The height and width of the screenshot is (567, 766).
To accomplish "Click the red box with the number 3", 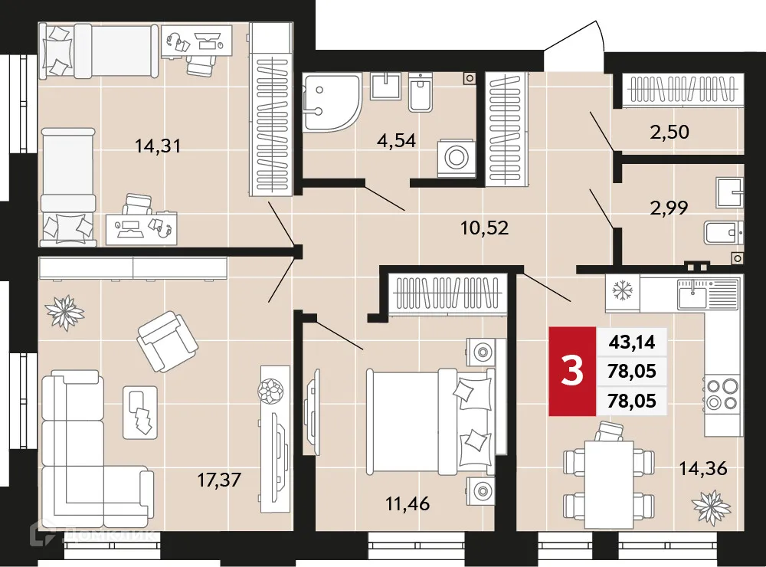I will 571,371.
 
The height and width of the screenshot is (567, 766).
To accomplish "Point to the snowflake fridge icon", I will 620,292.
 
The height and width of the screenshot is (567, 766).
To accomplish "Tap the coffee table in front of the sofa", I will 139,411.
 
